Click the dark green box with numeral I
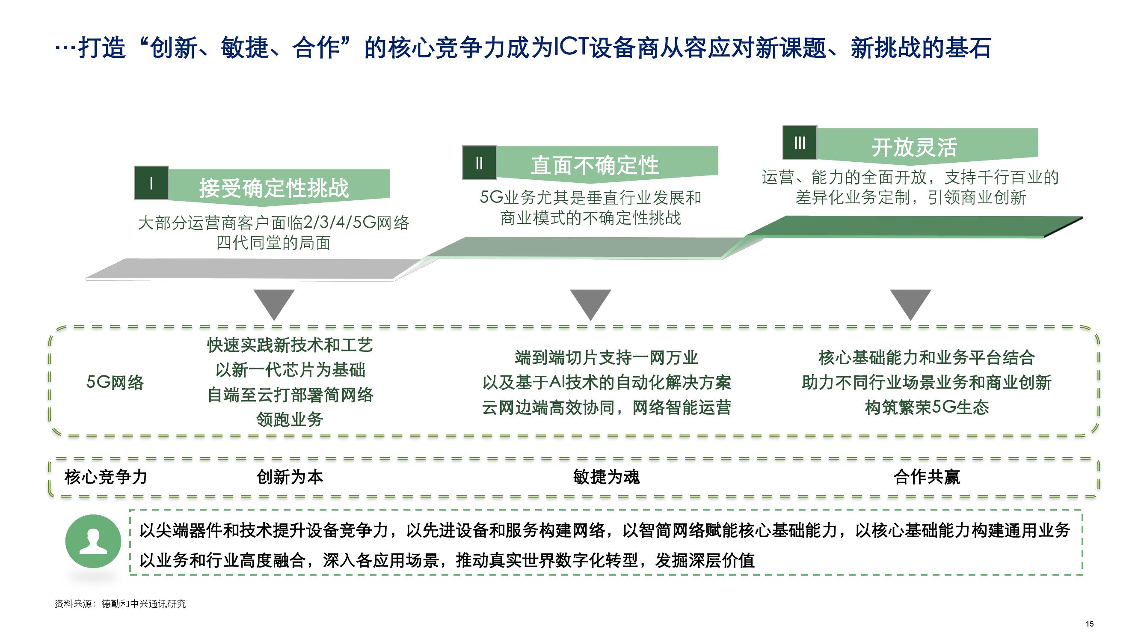coord(151,183)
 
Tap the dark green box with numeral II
coord(479,163)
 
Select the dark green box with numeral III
coord(800,142)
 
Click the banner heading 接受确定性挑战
coord(274,188)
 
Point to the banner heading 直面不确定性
coord(595,165)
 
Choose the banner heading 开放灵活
coord(915,147)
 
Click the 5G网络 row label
coord(115,382)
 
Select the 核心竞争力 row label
coord(106,477)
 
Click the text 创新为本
coord(290,477)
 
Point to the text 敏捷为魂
coord(606,477)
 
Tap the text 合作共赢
coord(927,477)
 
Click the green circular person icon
coord(93,541)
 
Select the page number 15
coord(1090,624)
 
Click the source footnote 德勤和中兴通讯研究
coord(144,604)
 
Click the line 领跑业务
coord(290,419)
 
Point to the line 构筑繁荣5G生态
coord(927,407)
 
